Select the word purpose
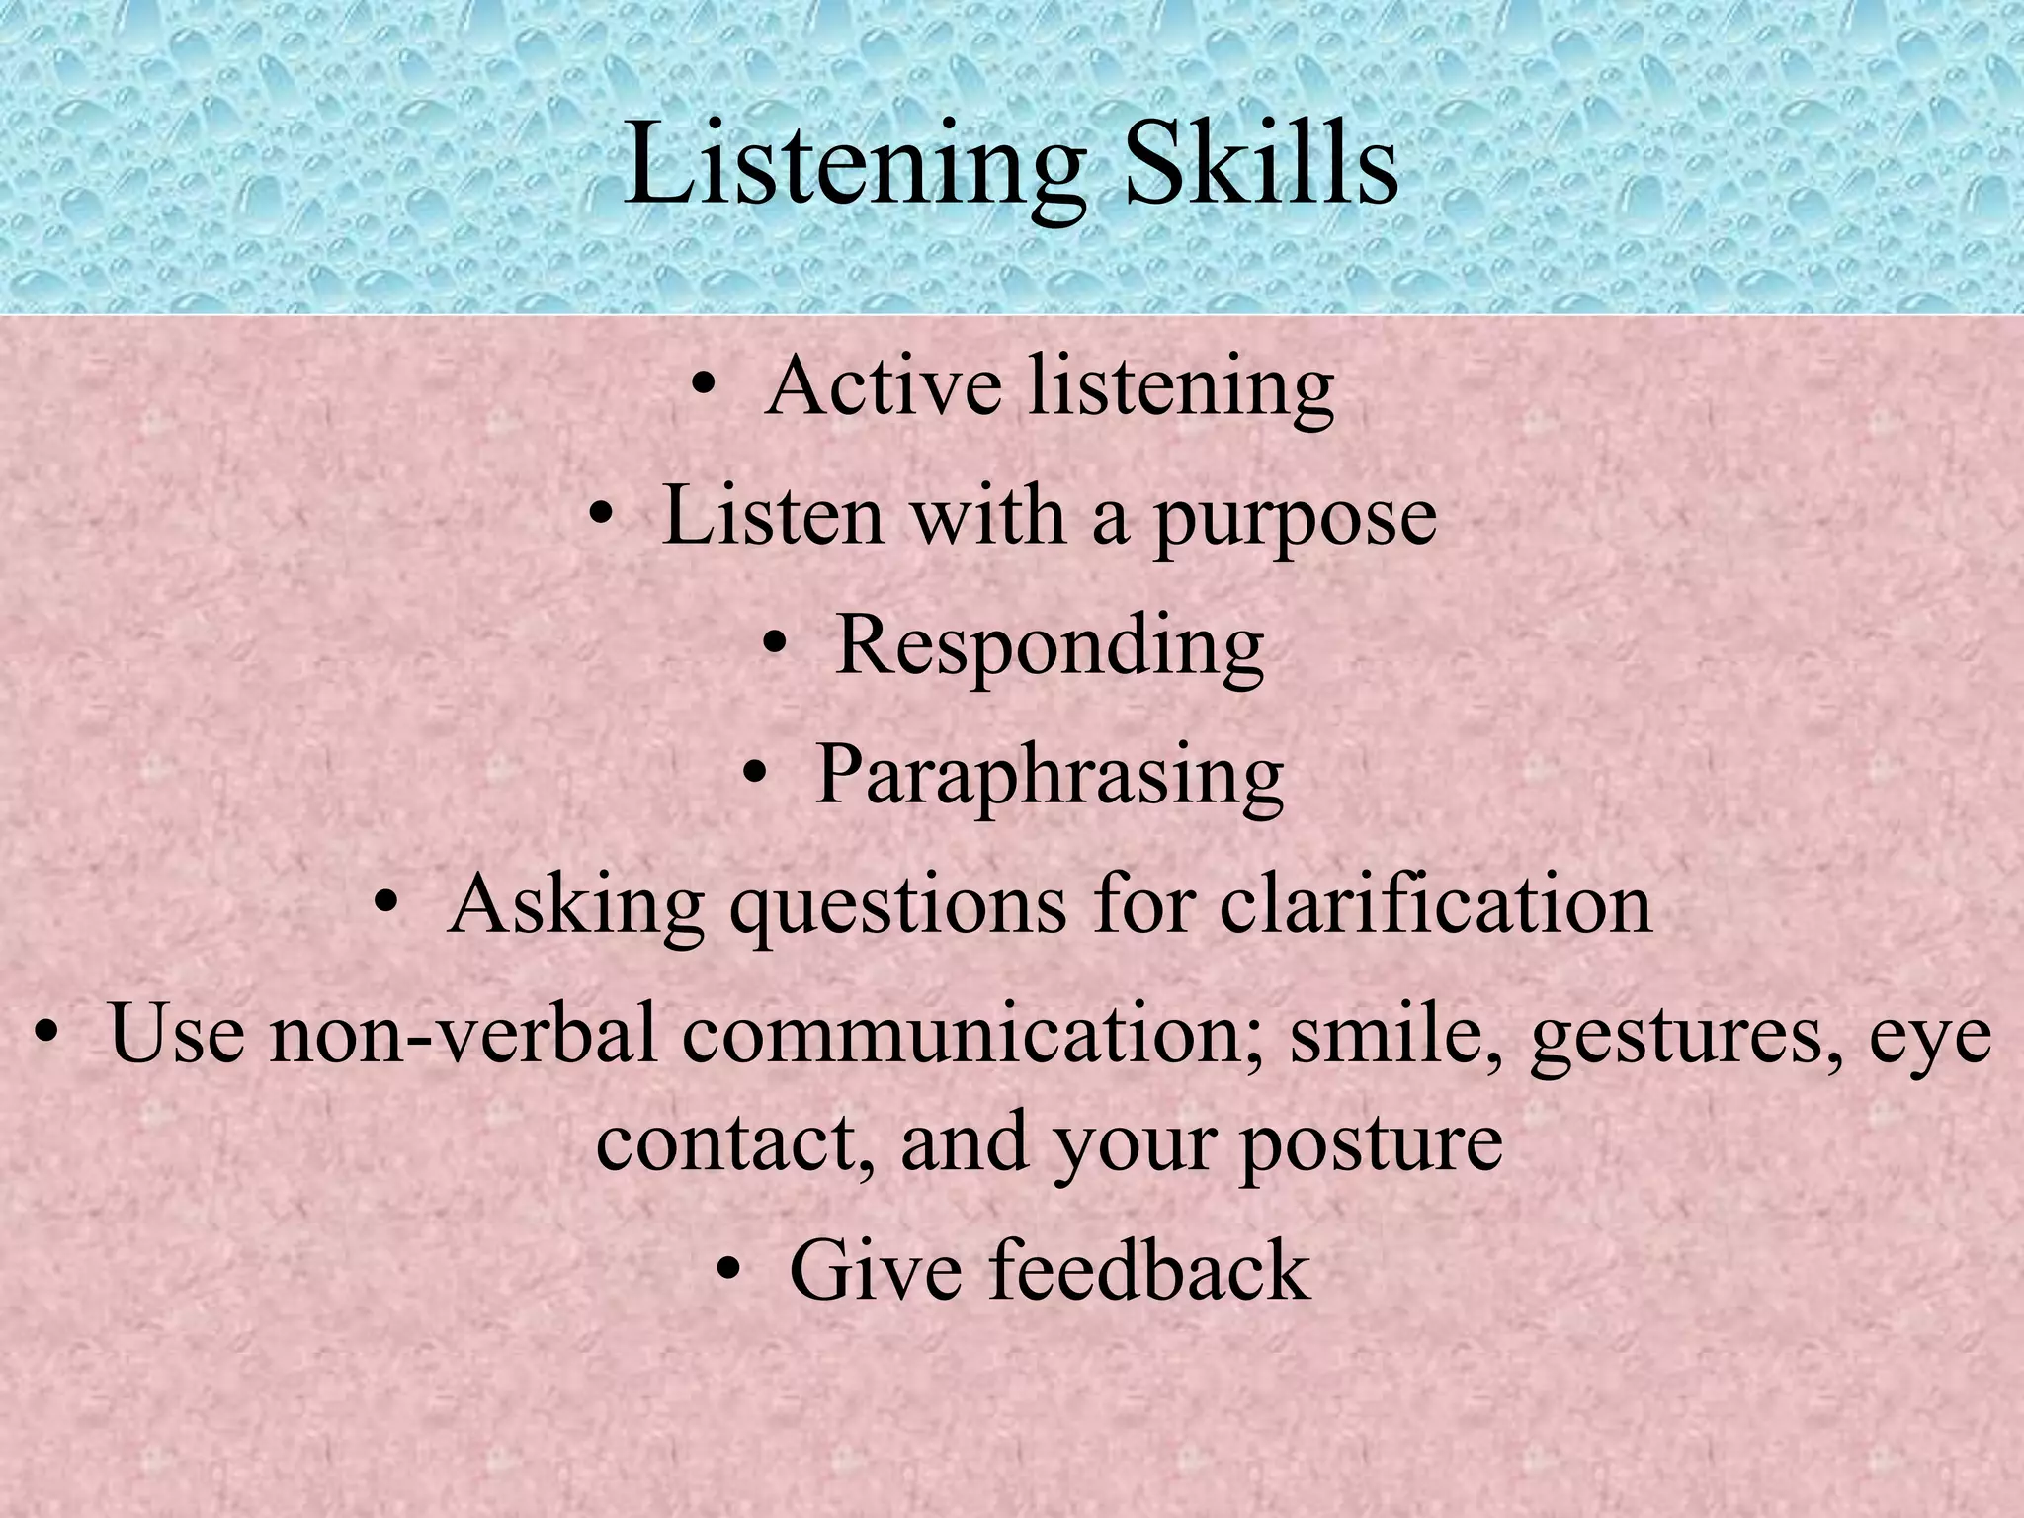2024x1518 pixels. pos(1295,518)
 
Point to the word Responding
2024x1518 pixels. pos(1050,647)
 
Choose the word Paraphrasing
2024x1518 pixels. pos(1050,776)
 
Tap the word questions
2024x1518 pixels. pos(897,907)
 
